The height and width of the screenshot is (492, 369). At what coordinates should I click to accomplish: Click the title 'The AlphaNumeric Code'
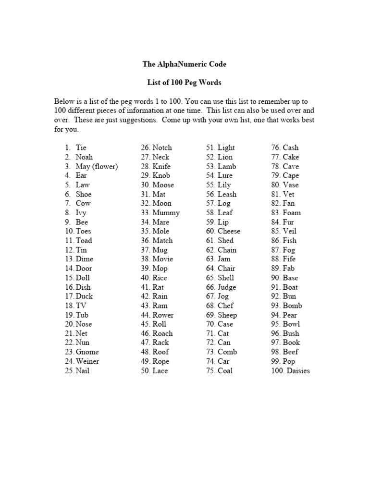click(x=184, y=64)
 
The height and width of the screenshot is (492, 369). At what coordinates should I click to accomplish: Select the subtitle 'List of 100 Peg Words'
click(x=184, y=83)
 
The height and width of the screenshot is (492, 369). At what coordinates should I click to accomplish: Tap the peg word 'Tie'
click(x=81, y=148)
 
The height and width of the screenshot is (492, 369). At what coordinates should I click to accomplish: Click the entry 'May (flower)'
click(x=97, y=166)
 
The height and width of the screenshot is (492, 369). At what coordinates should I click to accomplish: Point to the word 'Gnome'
click(x=87, y=352)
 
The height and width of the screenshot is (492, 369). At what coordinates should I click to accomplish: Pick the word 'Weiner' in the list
click(x=87, y=361)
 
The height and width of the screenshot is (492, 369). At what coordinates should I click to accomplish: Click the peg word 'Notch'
click(x=162, y=148)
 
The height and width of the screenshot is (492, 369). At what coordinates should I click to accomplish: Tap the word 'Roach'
click(x=162, y=333)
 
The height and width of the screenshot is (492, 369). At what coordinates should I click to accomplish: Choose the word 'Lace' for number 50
click(x=160, y=371)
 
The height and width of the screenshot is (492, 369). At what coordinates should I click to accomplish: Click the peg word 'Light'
click(x=226, y=148)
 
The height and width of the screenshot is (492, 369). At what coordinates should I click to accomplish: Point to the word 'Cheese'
click(x=229, y=231)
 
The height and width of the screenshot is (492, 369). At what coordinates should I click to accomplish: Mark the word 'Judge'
click(x=227, y=287)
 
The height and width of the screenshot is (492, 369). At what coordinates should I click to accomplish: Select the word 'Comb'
click(x=227, y=352)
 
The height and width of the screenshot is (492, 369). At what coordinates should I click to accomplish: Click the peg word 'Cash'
click(x=291, y=148)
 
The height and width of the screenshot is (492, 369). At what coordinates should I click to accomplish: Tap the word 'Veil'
click(x=290, y=231)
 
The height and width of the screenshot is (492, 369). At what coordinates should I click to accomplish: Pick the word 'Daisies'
click(x=298, y=371)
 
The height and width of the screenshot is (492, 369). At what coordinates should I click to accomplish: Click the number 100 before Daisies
click(x=277, y=371)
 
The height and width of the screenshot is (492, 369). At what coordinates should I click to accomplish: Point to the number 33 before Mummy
click(x=146, y=213)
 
